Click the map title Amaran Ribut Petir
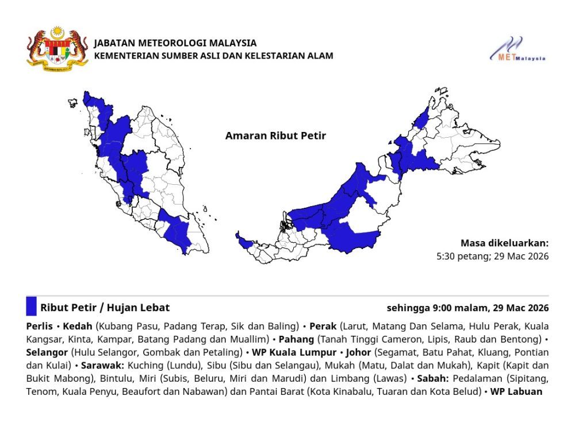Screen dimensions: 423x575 pyautogui.click(x=275, y=136)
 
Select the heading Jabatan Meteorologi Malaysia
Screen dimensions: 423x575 pyautogui.click(x=175, y=43)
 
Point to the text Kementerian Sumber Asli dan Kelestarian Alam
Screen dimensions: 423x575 pyautogui.click(x=213, y=56)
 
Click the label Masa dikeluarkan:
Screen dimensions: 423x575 pyautogui.click(x=504, y=243)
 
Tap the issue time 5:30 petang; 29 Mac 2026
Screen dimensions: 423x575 pyautogui.click(x=492, y=256)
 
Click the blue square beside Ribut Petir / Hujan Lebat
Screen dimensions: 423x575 pyautogui.click(x=31, y=306)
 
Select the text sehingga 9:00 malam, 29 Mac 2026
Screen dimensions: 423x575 pyautogui.click(x=467, y=307)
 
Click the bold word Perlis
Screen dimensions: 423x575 pyautogui.click(x=40, y=326)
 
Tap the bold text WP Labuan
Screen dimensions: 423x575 pyautogui.click(x=516, y=392)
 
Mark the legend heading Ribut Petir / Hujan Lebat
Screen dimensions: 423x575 pyautogui.click(x=105, y=307)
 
